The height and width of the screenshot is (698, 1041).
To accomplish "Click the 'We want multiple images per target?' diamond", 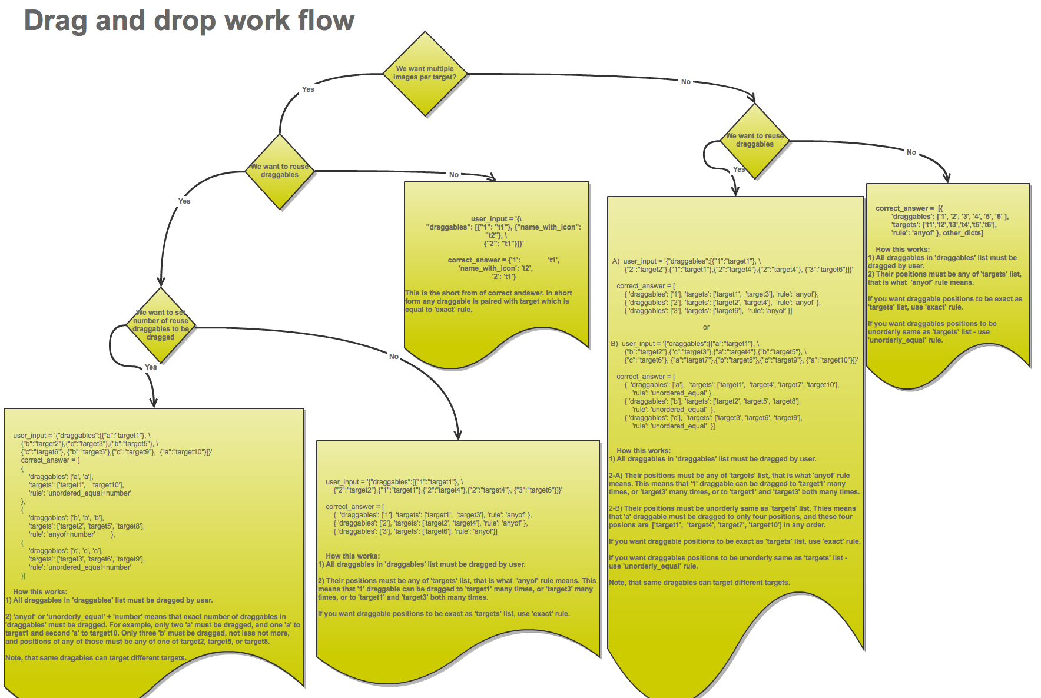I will point(425,73).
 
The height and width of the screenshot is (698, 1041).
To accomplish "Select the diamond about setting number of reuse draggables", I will point(161,325).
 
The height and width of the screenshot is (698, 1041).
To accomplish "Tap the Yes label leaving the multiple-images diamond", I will point(308,89).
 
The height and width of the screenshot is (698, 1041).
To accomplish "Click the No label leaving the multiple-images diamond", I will point(686,82).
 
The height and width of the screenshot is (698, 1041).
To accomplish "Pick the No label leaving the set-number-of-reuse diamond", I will point(394,357).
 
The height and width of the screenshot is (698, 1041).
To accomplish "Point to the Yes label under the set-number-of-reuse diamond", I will point(151,367).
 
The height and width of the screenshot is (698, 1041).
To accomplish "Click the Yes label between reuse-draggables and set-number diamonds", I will point(184,201).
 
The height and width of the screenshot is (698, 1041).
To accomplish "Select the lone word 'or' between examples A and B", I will point(706,327).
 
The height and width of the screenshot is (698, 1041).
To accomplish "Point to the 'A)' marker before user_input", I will point(616,261).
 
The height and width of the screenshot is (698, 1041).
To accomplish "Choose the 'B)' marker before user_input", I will point(614,344).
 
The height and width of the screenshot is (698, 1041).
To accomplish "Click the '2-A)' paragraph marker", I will point(616,476).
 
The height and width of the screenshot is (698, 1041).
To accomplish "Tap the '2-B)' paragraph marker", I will point(616,508).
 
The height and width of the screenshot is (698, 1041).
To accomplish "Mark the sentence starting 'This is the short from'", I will point(488,293).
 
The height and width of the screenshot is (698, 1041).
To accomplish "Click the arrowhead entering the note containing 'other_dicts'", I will point(946,178).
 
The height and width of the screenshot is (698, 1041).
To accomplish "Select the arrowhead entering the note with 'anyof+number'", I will point(154,403).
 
